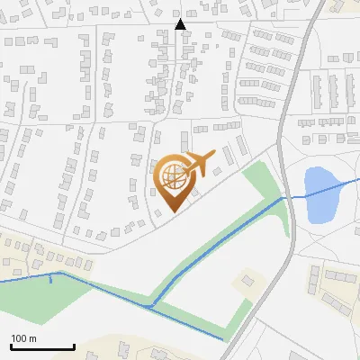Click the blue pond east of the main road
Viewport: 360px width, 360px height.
(320, 195)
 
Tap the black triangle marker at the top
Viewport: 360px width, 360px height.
(181, 25)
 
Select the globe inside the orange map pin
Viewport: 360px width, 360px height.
(174, 174)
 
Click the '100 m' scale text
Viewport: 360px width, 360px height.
(24, 338)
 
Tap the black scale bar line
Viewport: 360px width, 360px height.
(42, 347)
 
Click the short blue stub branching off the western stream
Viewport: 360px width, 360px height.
(50, 279)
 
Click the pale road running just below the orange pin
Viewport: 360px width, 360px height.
(216, 184)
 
